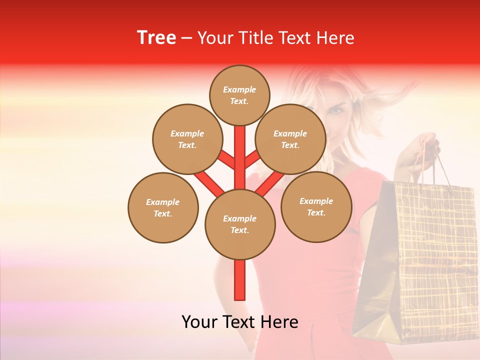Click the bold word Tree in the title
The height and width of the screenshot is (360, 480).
(x=156, y=38)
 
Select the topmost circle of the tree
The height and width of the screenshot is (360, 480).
(x=239, y=95)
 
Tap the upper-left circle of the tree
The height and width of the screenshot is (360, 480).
(x=187, y=139)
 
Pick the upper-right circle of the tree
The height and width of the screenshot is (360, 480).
(x=290, y=139)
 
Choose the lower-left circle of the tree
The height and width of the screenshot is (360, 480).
(x=163, y=207)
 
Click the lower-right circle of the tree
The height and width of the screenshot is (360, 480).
(x=316, y=206)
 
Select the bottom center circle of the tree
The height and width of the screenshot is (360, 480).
(x=240, y=224)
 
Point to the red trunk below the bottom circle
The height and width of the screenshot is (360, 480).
(x=240, y=280)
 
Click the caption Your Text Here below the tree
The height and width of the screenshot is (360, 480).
(x=240, y=322)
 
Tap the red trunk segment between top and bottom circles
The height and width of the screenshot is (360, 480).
(x=240, y=155)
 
